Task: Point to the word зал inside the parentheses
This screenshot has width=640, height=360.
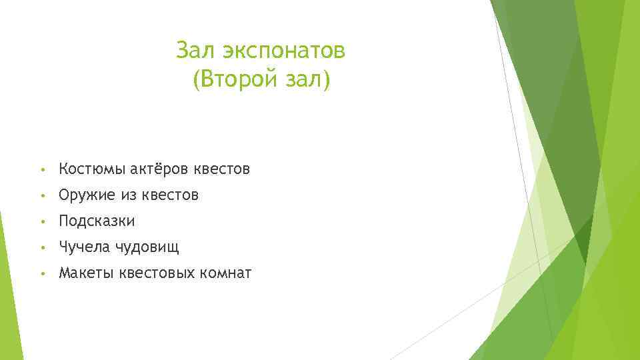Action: [308, 81]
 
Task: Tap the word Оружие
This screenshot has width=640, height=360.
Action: [87, 195]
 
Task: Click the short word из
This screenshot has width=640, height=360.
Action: [128, 195]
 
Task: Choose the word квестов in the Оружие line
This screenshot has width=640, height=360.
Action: [170, 195]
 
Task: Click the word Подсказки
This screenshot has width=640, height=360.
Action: [97, 221]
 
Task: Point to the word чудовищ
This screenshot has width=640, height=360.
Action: [147, 248]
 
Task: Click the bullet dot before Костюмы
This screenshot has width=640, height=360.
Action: [42, 170]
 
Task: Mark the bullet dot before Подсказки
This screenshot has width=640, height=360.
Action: [42, 221]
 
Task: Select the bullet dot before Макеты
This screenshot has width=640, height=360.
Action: [42, 273]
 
